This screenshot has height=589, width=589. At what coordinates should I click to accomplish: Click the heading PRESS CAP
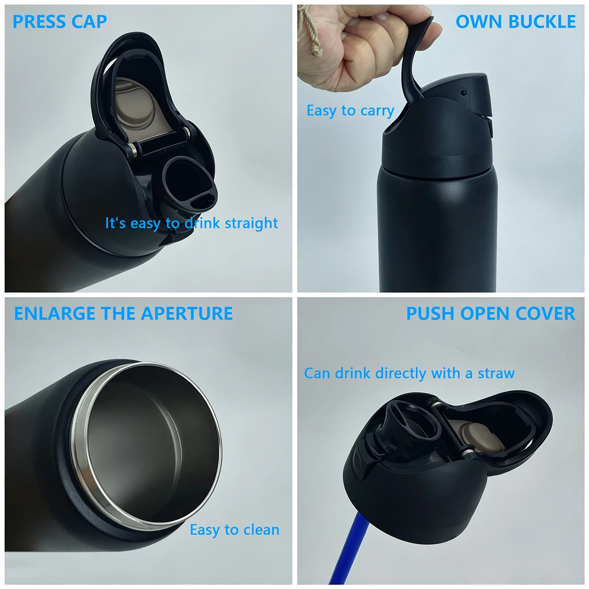click(x=60, y=22)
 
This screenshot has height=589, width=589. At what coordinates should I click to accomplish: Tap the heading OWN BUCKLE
click(x=516, y=22)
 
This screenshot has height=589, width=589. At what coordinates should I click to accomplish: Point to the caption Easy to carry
click(x=350, y=110)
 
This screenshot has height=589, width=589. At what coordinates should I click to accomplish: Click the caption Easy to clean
click(x=235, y=530)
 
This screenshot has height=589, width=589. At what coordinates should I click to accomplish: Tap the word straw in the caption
click(x=496, y=373)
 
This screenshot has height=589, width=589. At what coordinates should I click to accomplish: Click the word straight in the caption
click(x=251, y=223)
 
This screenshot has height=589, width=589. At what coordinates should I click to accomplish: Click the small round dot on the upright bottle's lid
click(x=464, y=93)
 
